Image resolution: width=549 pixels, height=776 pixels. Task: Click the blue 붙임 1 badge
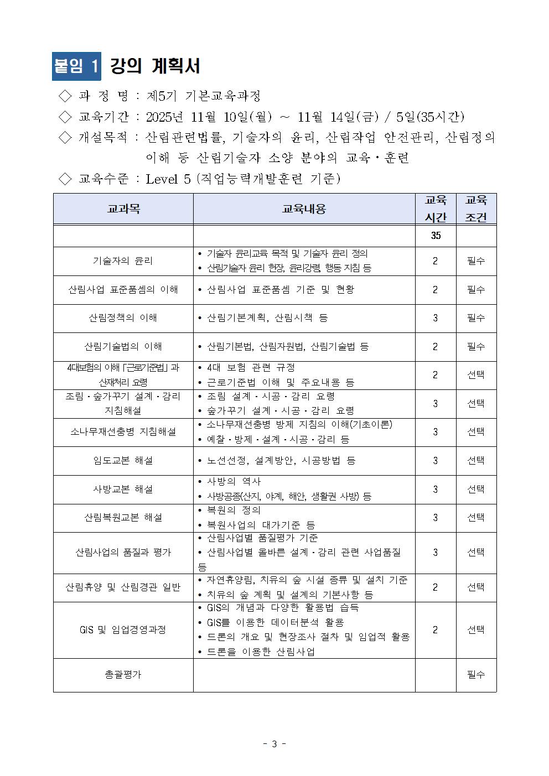click(76, 66)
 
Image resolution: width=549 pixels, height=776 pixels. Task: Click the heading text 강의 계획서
click(155, 66)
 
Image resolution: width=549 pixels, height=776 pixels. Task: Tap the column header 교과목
click(123, 209)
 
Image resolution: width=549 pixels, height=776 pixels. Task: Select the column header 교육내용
click(304, 209)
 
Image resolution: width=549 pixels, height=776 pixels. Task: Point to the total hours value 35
click(436, 236)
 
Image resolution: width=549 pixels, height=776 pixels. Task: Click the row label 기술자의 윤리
click(123, 261)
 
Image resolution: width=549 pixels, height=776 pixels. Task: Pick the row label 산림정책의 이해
click(123, 318)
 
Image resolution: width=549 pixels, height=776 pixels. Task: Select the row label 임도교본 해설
click(123, 461)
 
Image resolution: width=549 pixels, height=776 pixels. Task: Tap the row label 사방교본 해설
click(123, 489)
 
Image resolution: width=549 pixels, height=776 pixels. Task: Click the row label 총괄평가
click(123, 675)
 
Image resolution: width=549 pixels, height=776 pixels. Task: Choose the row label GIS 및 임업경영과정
click(123, 630)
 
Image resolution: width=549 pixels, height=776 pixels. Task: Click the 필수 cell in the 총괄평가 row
click(476, 675)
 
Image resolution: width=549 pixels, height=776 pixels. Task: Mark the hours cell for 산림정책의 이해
click(436, 318)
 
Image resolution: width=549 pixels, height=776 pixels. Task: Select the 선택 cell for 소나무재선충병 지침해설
click(476, 432)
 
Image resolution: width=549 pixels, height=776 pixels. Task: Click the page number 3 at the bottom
click(274, 744)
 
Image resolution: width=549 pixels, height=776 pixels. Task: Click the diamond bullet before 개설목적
click(65, 137)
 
